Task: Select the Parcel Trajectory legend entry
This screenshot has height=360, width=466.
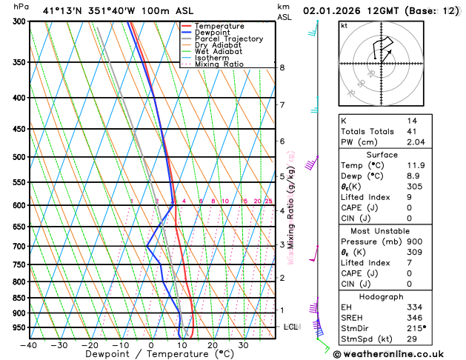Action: click(228, 39)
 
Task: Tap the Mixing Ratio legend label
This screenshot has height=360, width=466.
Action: click(219, 64)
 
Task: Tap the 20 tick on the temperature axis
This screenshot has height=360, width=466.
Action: click(213, 345)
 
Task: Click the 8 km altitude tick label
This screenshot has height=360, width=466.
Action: click(282, 67)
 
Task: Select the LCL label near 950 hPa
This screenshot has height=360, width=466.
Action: click(291, 327)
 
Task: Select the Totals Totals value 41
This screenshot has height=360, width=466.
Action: click(411, 131)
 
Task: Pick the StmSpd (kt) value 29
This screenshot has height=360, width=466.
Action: click(411, 339)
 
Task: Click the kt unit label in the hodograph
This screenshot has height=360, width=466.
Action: click(344, 25)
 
